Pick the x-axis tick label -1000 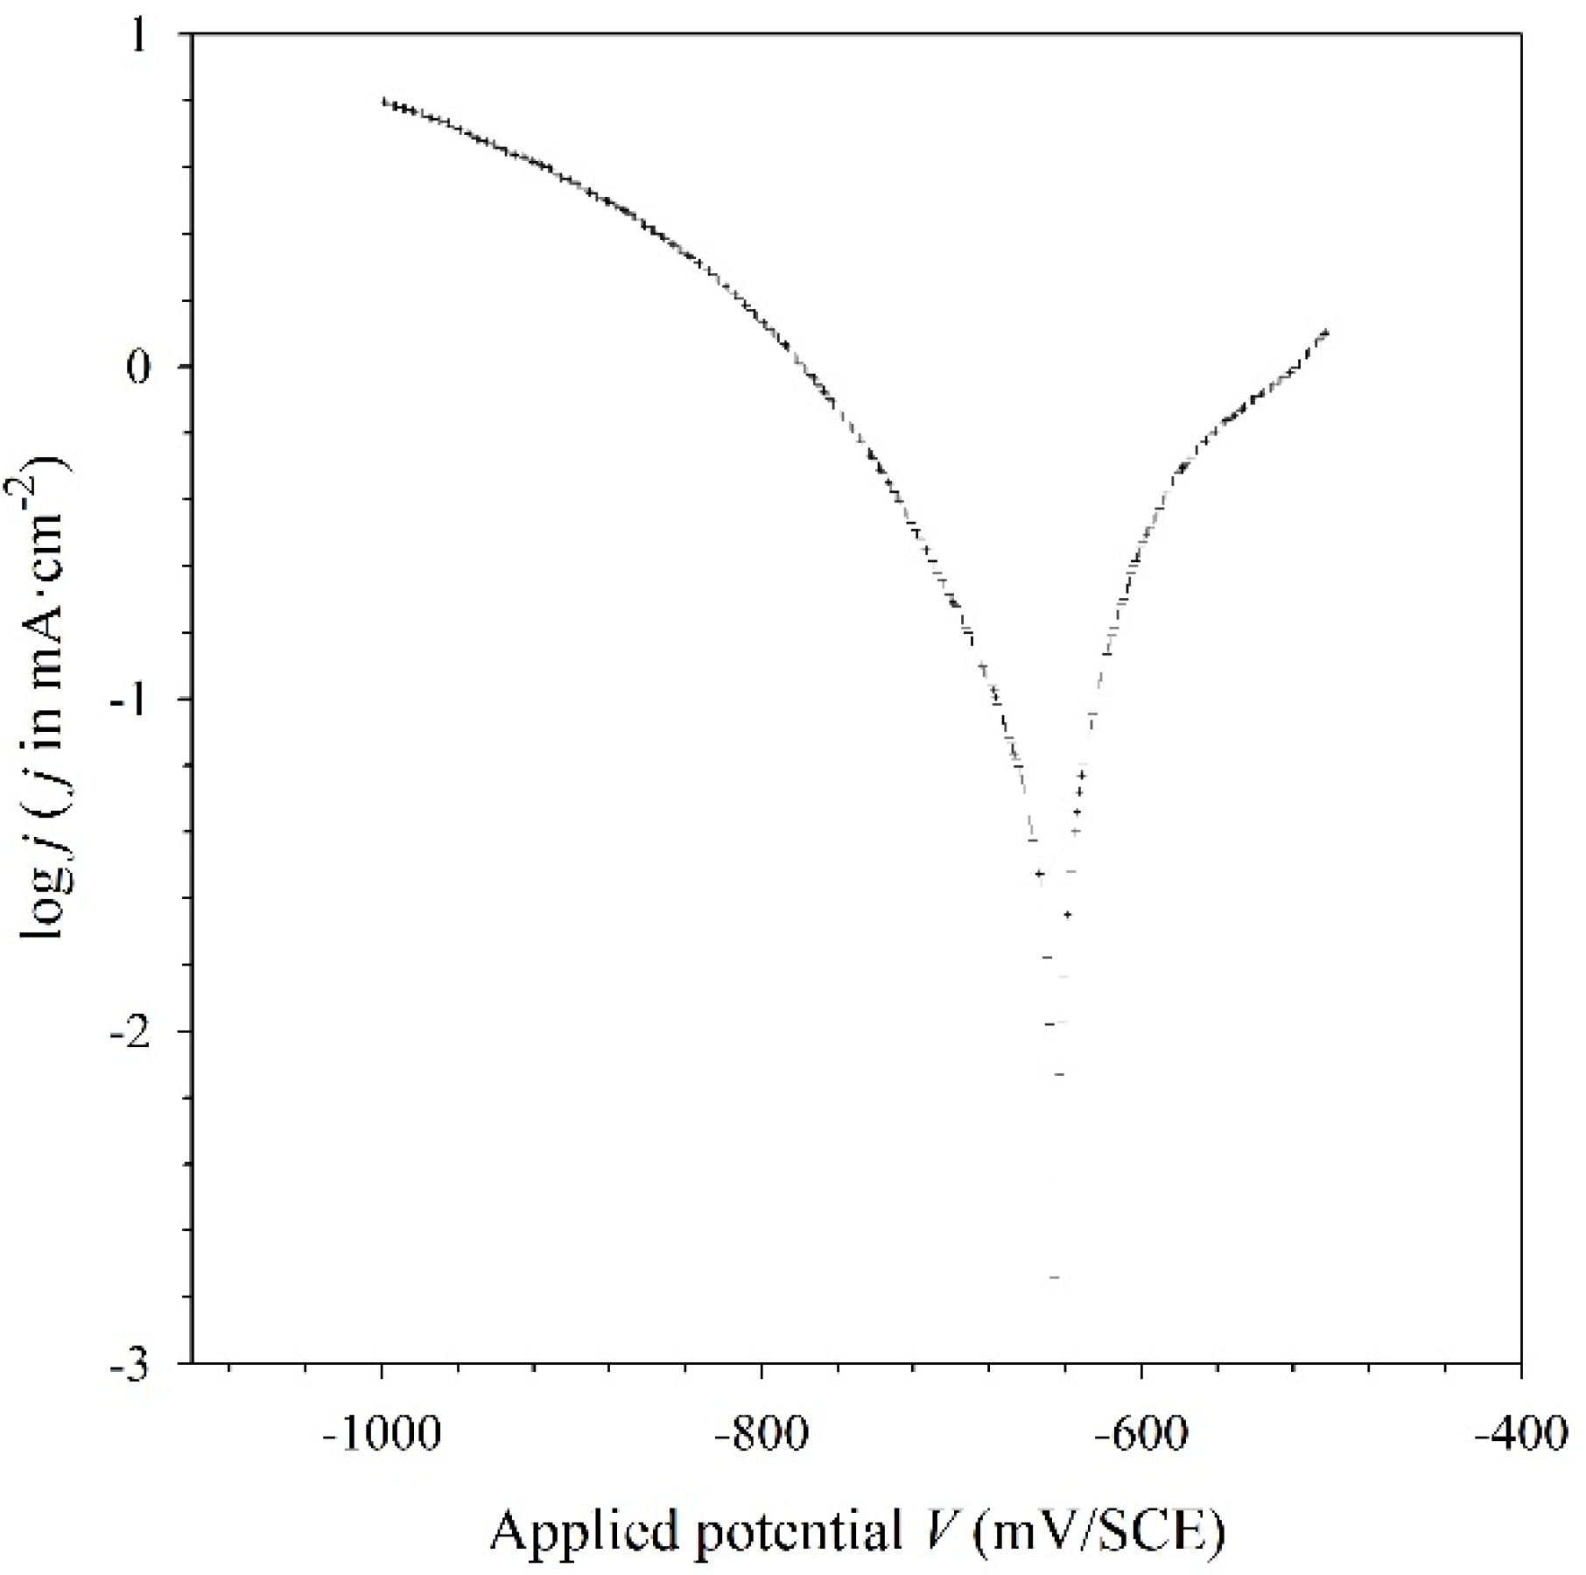(x=382, y=1438)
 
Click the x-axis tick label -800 (x=761, y=1438)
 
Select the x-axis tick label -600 (x=1140, y=1438)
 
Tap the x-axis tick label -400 (x=1520, y=1438)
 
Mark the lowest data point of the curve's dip (x=1054, y=1277)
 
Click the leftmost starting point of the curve (x=383, y=101)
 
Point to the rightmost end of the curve (x=1328, y=331)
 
